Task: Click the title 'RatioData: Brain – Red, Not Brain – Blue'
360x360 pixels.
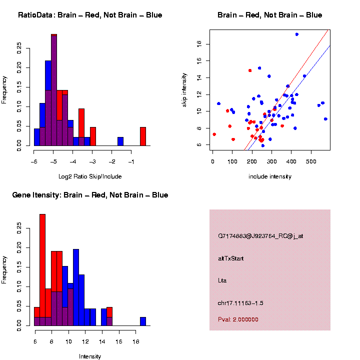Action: (90, 15)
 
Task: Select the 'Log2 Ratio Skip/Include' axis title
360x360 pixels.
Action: (90, 176)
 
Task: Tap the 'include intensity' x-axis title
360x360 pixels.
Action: (270, 176)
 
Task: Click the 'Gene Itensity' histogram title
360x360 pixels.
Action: (90, 195)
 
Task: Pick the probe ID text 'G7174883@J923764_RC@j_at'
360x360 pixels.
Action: (260, 235)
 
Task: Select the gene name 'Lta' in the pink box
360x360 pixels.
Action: (222, 280)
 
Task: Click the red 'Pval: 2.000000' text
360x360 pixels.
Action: (238, 319)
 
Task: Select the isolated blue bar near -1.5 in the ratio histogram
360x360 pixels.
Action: (120, 141)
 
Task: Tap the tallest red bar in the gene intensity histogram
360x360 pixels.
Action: (42, 270)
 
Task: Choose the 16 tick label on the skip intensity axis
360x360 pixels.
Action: (198, 60)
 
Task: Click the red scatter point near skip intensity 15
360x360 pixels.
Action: (250, 70)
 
